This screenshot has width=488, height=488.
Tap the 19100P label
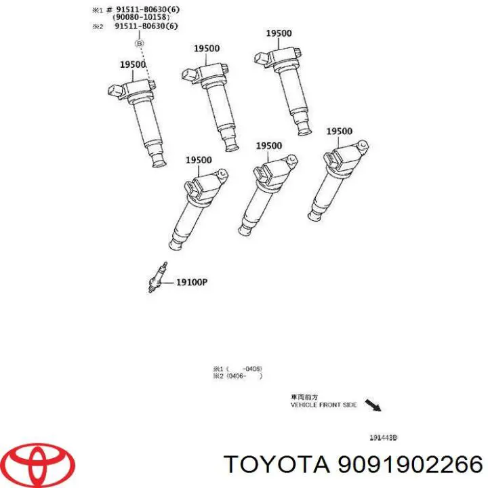(x=191, y=282)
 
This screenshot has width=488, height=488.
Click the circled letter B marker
(x=140, y=43)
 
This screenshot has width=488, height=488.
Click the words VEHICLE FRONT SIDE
(x=323, y=405)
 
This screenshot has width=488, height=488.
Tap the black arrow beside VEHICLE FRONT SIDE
(x=373, y=405)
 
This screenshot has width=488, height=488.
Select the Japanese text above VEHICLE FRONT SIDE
(x=303, y=397)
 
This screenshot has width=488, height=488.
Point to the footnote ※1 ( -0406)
(x=237, y=369)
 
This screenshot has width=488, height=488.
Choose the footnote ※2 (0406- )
(x=237, y=376)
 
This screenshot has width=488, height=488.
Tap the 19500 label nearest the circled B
(x=134, y=65)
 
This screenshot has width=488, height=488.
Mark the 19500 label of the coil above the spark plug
(x=199, y=161)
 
